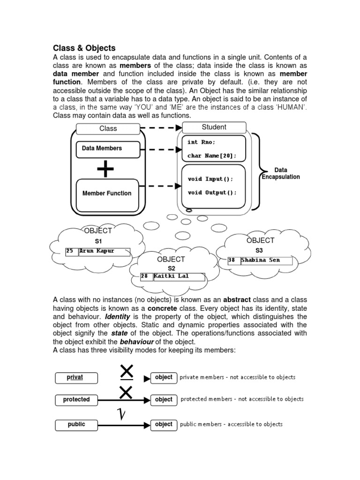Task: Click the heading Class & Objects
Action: tap(84, 48)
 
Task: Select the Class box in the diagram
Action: tap(108, 128)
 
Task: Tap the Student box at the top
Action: tap(214, 127)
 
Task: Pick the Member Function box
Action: tap(107, 193)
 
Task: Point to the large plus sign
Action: tap(106, 169)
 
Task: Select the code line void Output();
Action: tap(212, 193)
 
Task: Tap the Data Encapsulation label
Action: tap(281, 173)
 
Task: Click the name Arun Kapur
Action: tap(97, 251)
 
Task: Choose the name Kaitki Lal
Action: tap(171, 277)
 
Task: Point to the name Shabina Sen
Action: tap(260, 260)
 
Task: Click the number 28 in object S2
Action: tap(144, 277)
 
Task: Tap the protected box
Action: tap(76, 399)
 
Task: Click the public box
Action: tap(76, 425)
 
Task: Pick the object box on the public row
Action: tap(164, 425)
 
